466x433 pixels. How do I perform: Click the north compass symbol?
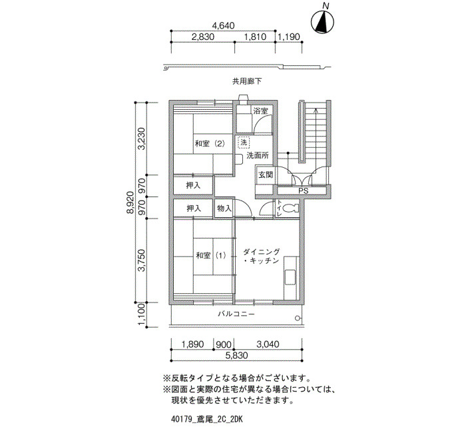click(x=322, y=21)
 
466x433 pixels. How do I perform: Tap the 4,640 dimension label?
click(x=223, y=26)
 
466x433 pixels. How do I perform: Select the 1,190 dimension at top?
click(x=288, y=37)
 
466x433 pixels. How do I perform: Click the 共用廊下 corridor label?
click(x=247, y=81)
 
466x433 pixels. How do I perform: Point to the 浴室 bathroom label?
click(x=261, y=111)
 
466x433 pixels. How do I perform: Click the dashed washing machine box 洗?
click(x=244, y=142)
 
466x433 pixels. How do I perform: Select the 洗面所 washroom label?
click(x=258, y=155)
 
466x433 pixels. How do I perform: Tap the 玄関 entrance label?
click(x=266, y=175)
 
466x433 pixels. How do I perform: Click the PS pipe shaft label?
click(x=304, y=191)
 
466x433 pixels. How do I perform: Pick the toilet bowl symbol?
click(x=290, y=209)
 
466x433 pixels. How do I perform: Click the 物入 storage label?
click(x=224, y=208)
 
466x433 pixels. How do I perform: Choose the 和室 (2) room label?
click(x=210, y=144)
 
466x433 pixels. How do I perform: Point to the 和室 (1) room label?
click(x=211, y=255)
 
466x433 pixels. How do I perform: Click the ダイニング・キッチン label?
click(x=262, y=256)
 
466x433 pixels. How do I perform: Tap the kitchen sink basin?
click(x=290, y=277)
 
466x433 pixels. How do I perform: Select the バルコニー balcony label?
click(x=236, y=314)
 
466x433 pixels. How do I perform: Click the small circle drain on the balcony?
click(x=297, y=318)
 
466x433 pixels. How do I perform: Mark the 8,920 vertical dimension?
click(x=130, y=203)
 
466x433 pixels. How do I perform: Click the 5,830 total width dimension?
click(x=236, y=355)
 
